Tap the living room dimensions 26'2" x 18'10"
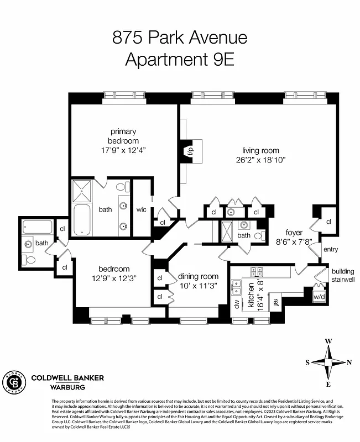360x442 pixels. click(x=260, y=160)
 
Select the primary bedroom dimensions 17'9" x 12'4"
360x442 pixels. click(x=123, y=150)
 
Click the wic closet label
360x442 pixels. click(x=142, y=209)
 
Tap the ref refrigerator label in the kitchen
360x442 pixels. click(x=275, y=302)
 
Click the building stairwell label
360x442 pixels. click(x=343, y=275)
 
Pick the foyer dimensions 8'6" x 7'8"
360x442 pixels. click(x=294, y=241)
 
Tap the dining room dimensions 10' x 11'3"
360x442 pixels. click(x=198, y=286)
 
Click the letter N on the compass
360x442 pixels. click(x=349, y=363)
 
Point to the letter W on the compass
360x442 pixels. click(x=328, y=341)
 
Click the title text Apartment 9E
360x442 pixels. click(x=180, y=59)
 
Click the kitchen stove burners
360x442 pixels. click(x=256, y=271)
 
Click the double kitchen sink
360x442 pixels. click(x=237, y=287)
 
